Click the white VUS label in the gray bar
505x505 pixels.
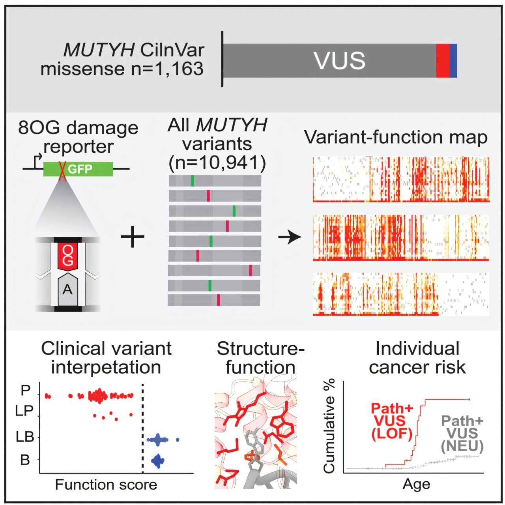[x=339, y=60]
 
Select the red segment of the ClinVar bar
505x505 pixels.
[x=442, y=60]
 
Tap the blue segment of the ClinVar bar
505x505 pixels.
[x=453, y=60]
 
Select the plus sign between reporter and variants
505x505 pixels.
[x=132, y=236]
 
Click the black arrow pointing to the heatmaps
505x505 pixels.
[x=290, y=237]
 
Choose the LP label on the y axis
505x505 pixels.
[x=24, y=411]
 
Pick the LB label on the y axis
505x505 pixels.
[x=24, y=437]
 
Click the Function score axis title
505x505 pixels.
[x=106, y=484]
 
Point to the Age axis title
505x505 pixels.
[x=416, y=484]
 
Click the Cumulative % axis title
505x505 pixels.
[x=329, y=426]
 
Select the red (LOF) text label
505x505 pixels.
[x=391, y=434]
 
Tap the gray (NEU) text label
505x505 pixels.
[x=462, y=446]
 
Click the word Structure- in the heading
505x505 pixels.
[x=260, y=349]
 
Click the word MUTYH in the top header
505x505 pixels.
[x=99, y=50]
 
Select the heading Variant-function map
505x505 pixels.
[x=396, y=137]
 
